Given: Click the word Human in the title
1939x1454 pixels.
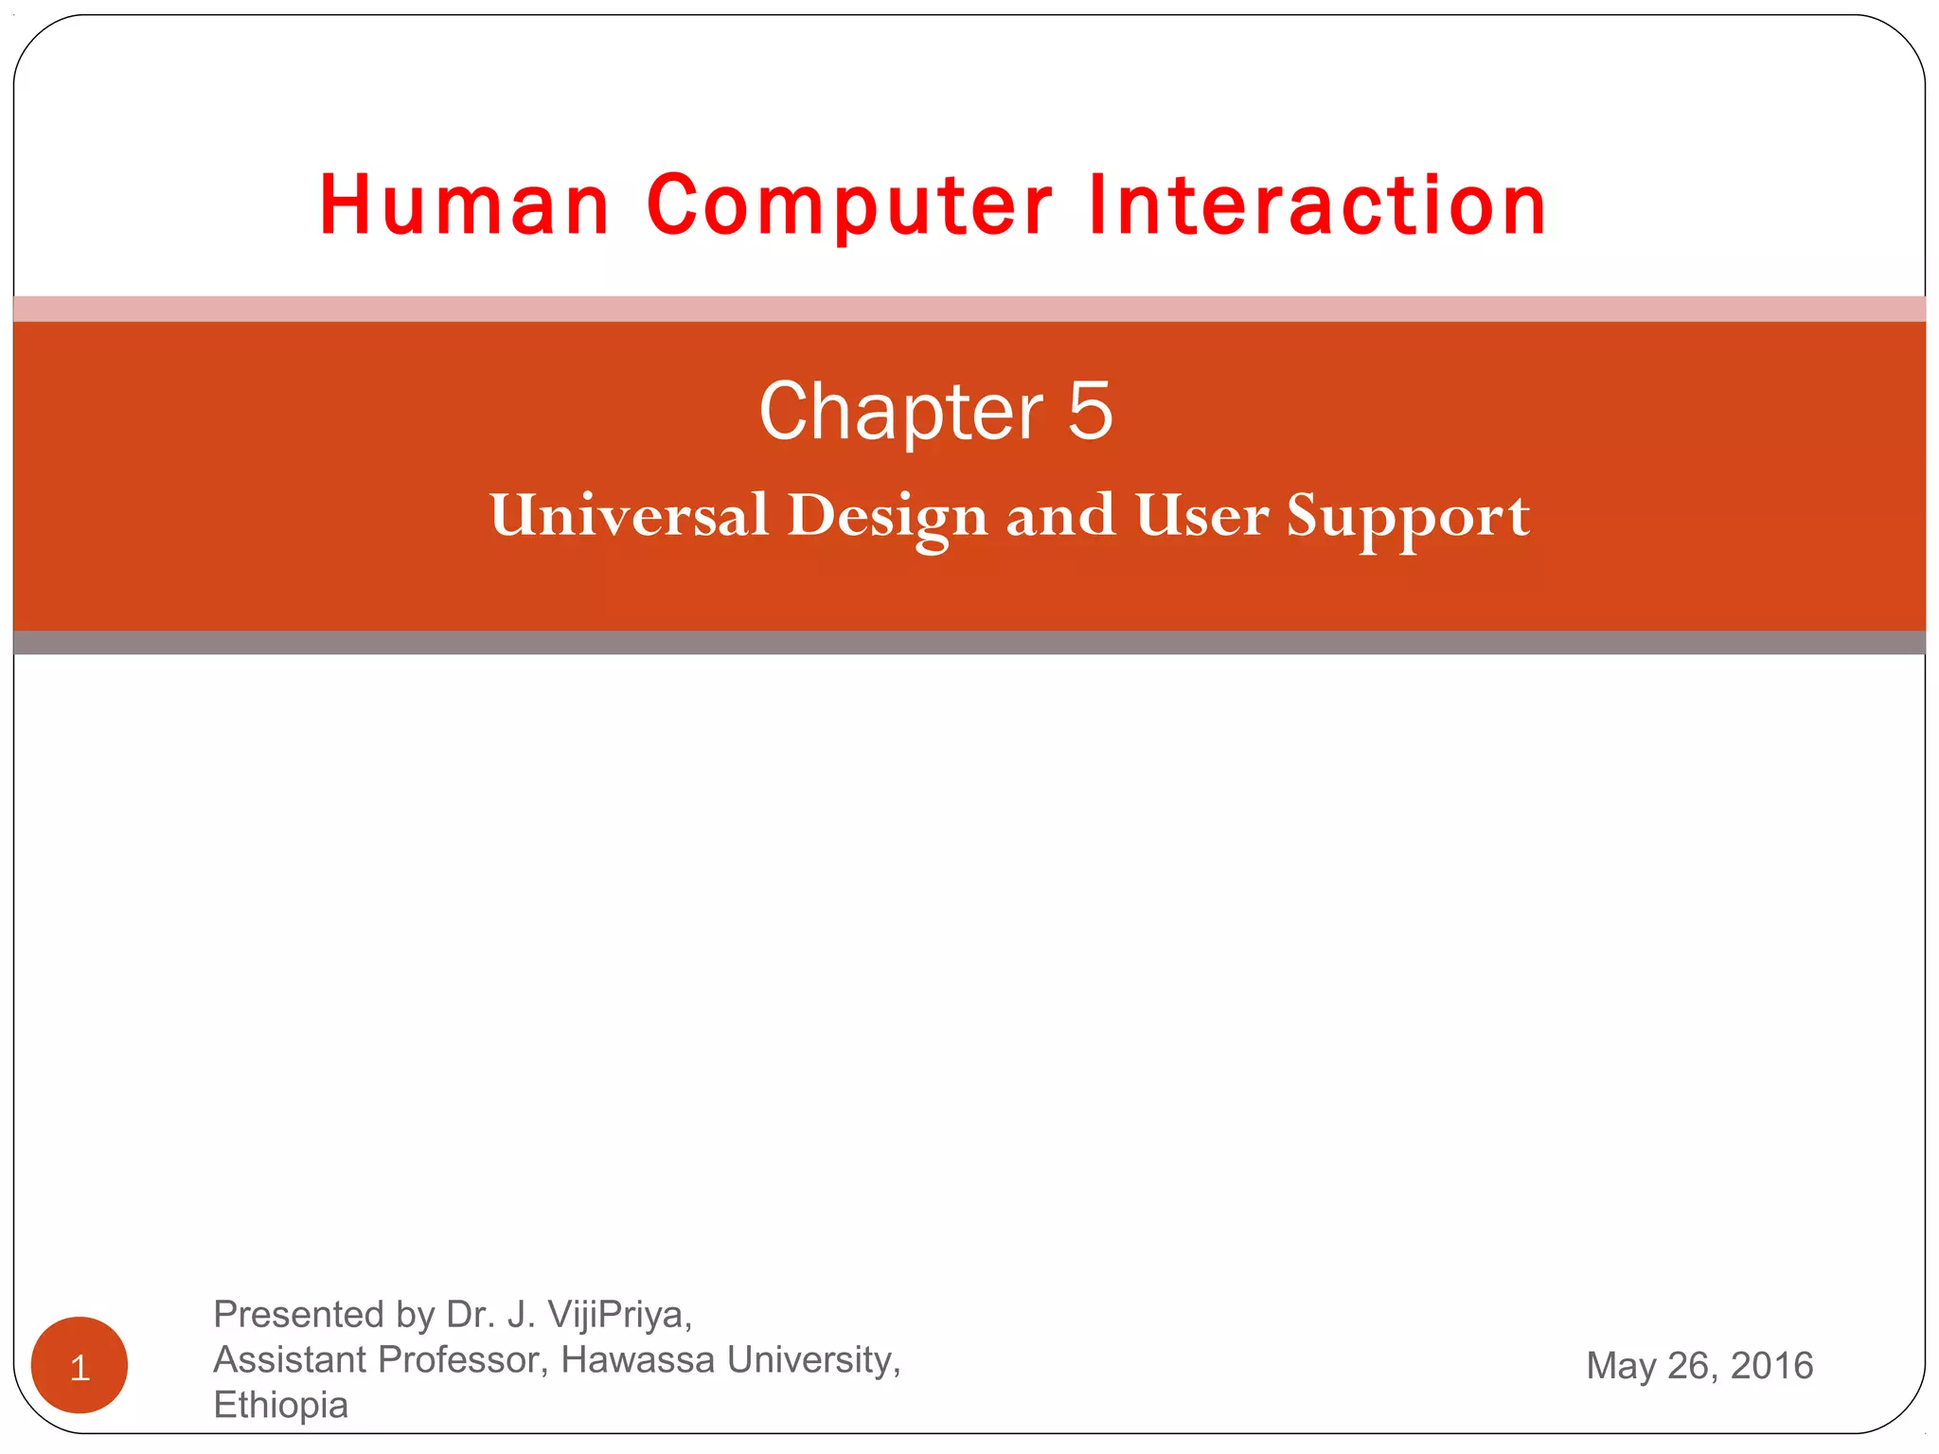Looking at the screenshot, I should coord(464,205).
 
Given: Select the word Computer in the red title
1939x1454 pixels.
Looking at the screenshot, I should coord(849,205).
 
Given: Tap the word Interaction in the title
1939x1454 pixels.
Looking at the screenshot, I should coord(1317,205).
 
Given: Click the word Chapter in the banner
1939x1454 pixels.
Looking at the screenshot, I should coord(900,412).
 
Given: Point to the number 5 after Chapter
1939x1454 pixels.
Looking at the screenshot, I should coord(1090,412).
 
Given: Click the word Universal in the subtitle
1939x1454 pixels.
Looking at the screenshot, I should coord(629,516).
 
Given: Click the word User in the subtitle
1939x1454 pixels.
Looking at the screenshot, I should coord(1201,516).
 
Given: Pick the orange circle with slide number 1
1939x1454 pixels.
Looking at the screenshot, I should coord(80,1365).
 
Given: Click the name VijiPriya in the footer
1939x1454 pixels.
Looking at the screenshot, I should coord(618,1315).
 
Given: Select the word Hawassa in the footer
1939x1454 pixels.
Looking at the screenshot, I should coord(637,1359).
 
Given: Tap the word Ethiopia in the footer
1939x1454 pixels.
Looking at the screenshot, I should coord(280,1405).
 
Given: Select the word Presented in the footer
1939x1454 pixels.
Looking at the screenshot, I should coord(297,1315).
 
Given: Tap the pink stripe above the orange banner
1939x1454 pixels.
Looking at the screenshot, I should coord(969,309).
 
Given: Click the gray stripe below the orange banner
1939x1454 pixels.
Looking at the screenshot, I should coord(969,643).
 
